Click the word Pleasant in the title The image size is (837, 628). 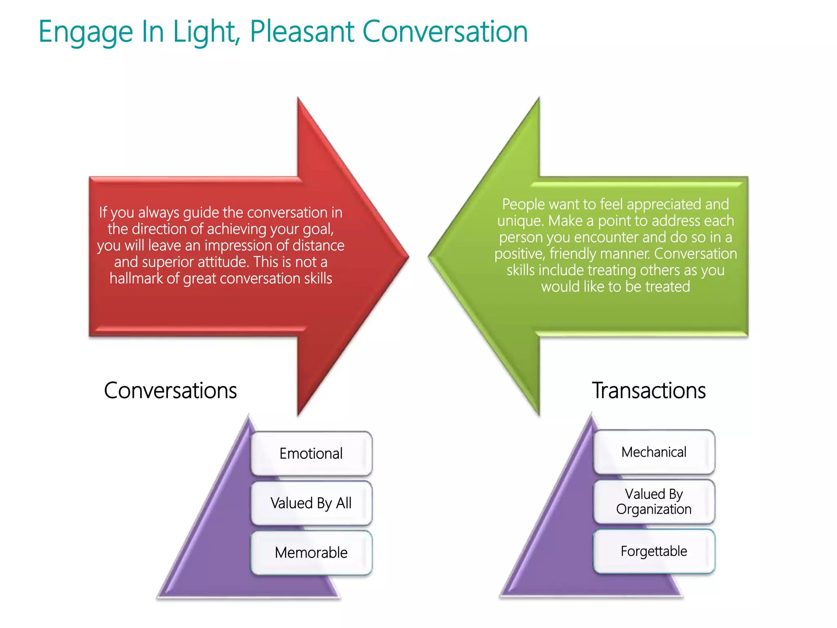(302, 32)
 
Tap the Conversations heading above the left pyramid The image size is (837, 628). (170, 390)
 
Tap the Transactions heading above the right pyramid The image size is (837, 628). (649, 390)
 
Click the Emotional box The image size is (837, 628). (311, 453)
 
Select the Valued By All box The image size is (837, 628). (311, 503)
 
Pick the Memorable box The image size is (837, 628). (311, 553)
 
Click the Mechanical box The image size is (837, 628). (653, 452)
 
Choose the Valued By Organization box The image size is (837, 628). (653, 502)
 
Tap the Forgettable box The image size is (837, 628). (653, 551)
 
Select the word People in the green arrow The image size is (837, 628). (523, 204)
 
